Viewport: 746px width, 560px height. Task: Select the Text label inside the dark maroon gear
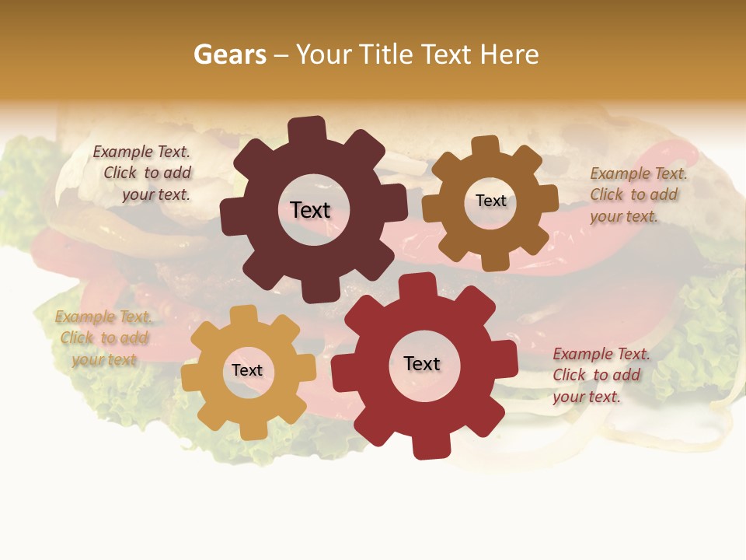[x=310, y=210]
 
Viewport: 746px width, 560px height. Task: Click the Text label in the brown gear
[x=490, y=201]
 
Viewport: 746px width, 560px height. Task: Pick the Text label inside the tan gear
[x=247, y=370]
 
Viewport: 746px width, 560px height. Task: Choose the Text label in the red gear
[x=422, y=363]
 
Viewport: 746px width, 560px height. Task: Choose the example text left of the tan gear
[x=103, y=338]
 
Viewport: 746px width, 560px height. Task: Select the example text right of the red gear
[x=600, y=375]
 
